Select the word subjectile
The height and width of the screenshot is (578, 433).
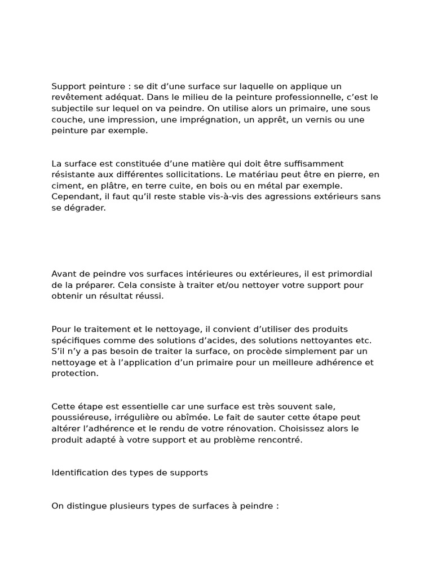[73, 108]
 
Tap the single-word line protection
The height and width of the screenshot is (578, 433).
[75, 373]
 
